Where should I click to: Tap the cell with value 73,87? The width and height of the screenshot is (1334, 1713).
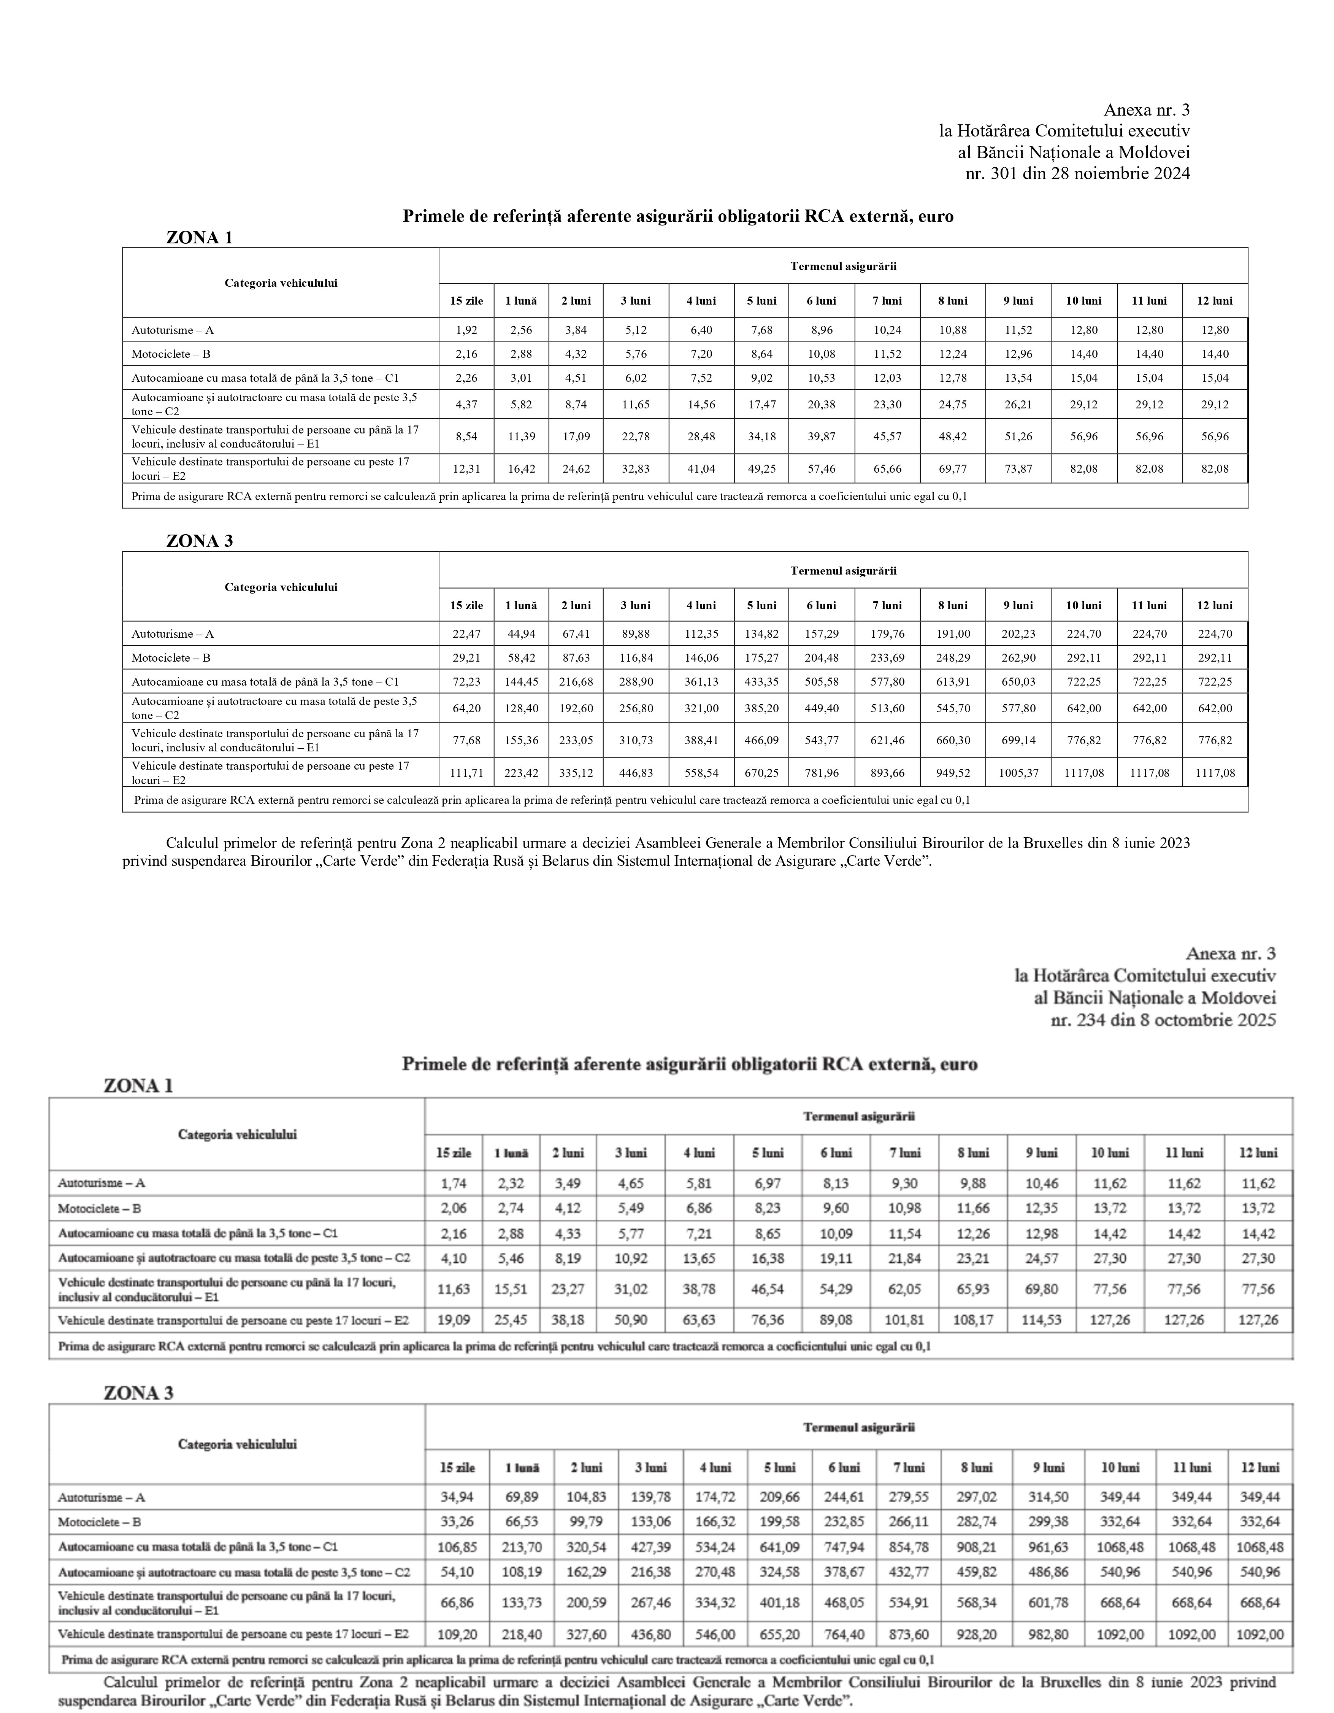(x=1018, y=469)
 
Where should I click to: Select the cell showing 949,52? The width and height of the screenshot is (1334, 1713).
(x=952, y=773)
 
